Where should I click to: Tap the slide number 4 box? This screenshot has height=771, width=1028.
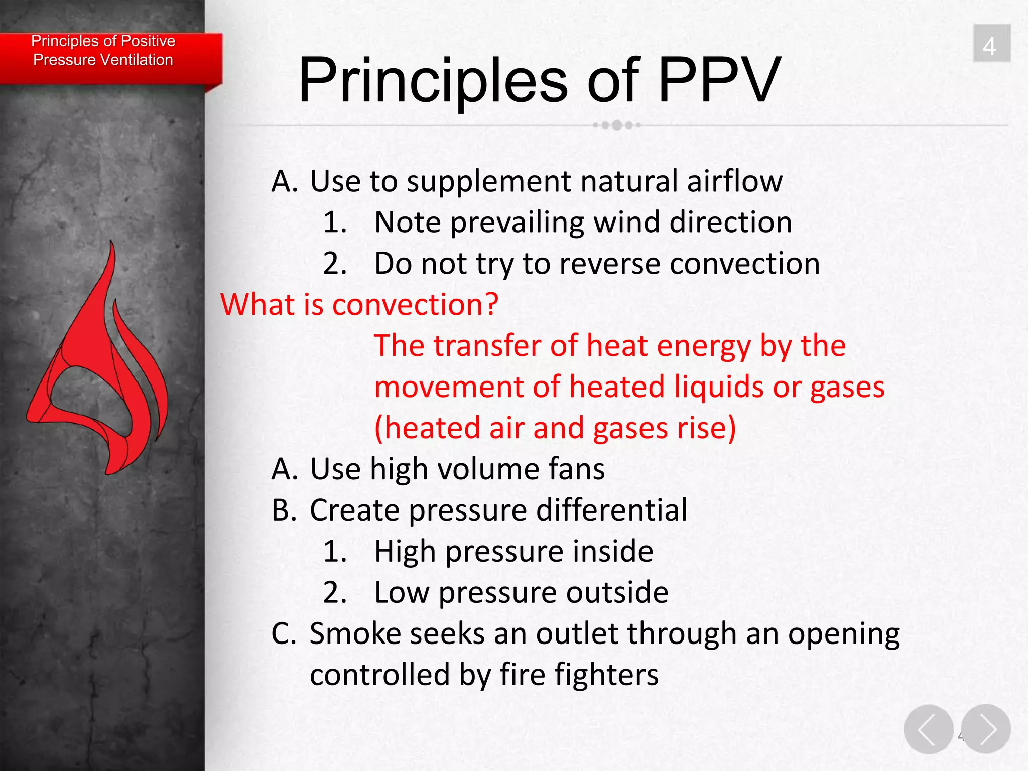991,44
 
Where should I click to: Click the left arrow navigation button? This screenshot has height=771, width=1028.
928,729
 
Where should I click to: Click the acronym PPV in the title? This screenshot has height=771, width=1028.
719,80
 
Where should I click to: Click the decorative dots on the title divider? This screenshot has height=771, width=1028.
617,125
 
